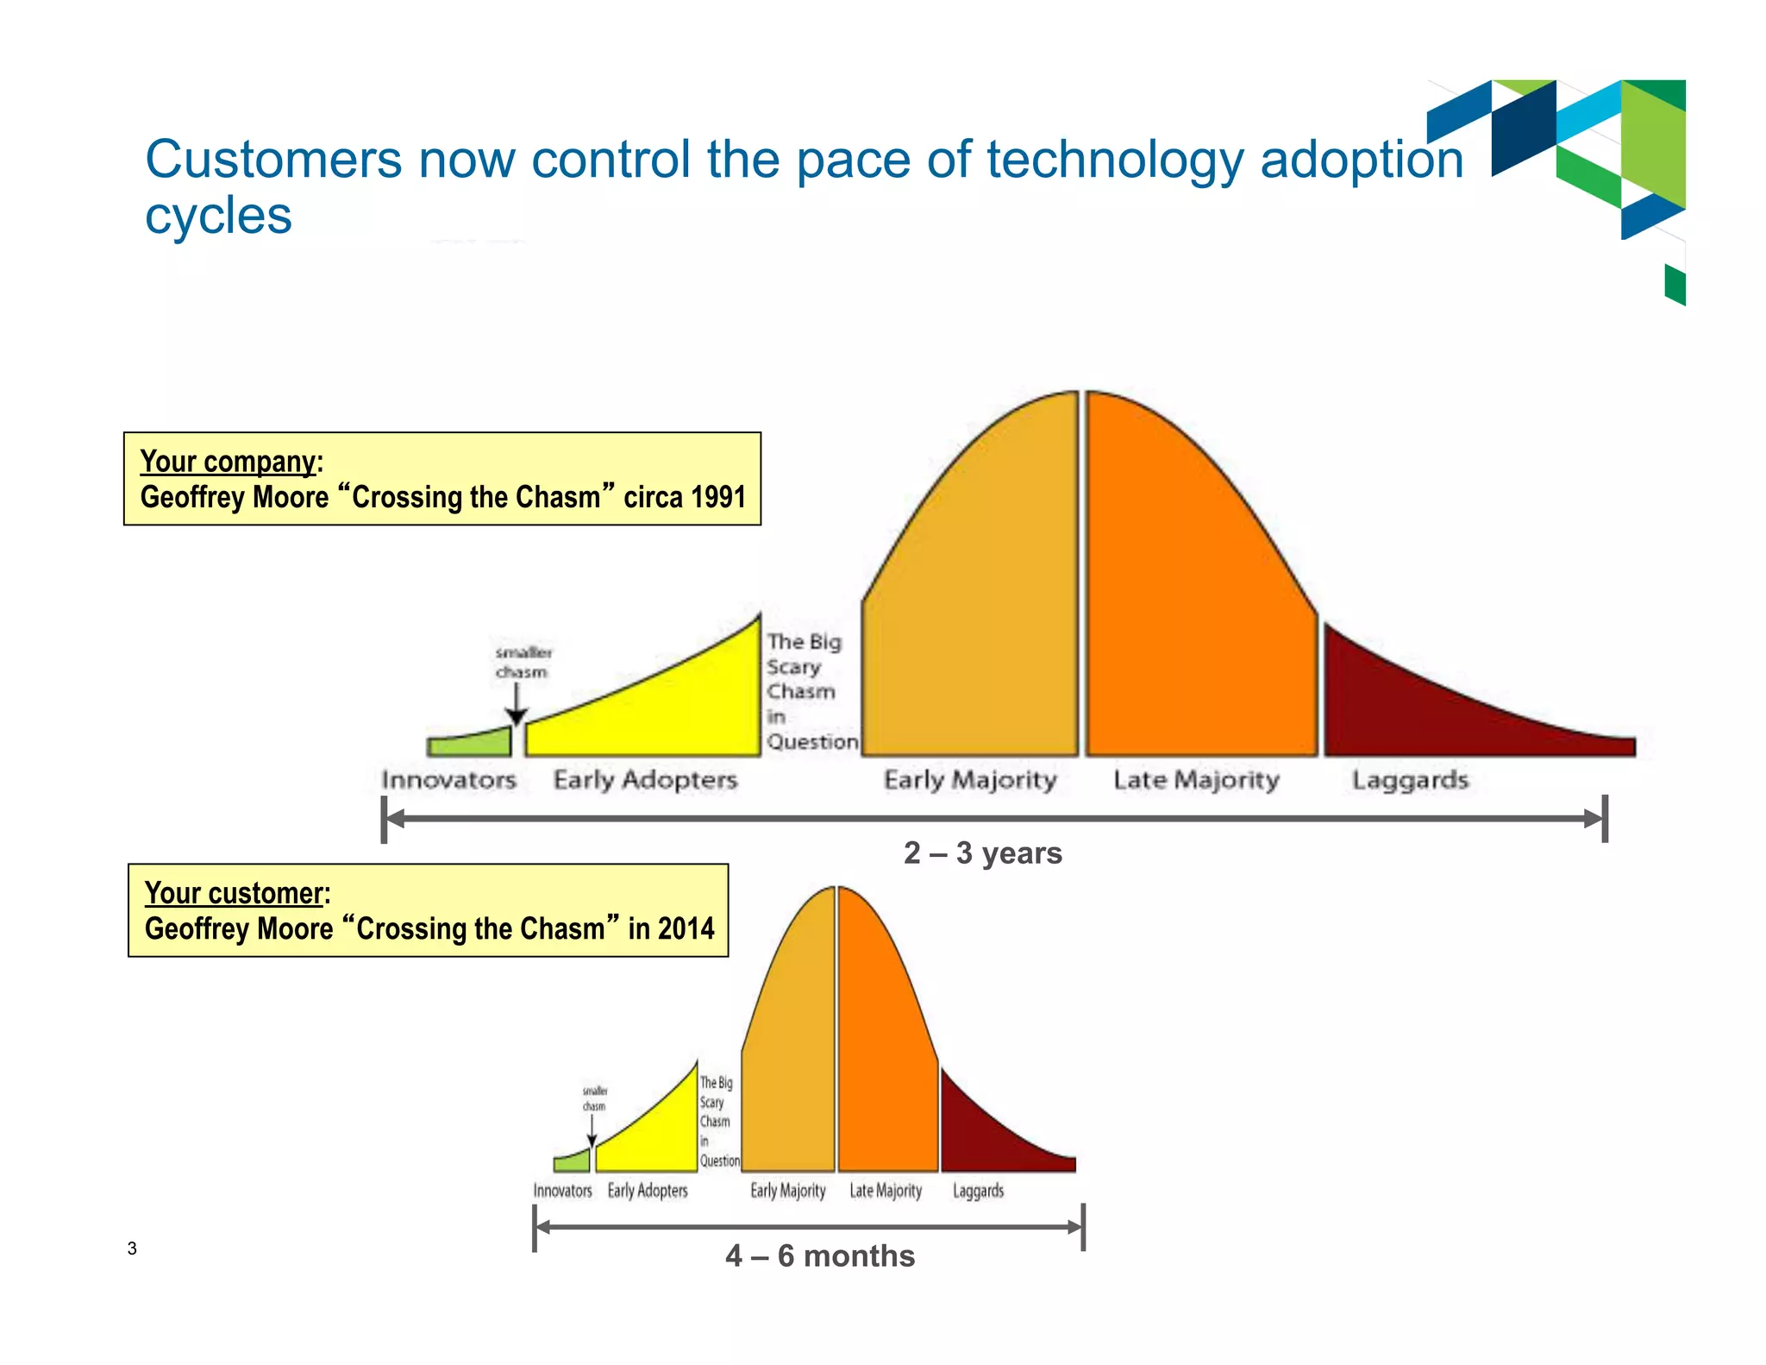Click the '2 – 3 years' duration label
point(982,852)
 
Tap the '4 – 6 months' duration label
point(819,1255)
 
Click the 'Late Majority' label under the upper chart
point(1196,780)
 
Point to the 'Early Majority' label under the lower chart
point(787,1191)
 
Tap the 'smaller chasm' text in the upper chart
point(523,662)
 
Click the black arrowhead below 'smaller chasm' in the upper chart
point(516,716)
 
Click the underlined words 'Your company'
point(228,462)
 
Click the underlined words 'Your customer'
point(234,893)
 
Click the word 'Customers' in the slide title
point(273,160)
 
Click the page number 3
point(132,1248)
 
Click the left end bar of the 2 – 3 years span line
point(384,819)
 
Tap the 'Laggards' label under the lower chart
point(978,1191)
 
